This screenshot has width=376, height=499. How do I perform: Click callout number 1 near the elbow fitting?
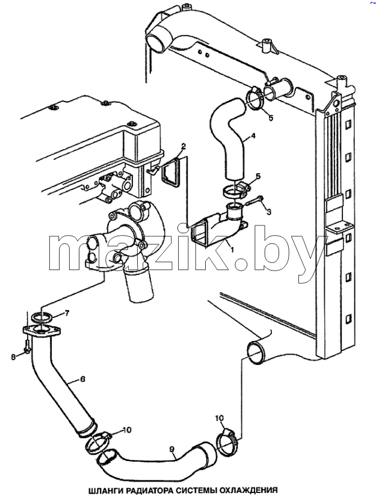click(232, 250)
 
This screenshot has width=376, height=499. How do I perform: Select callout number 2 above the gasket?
click(183, 147)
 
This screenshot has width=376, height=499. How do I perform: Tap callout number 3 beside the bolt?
click(268, 211)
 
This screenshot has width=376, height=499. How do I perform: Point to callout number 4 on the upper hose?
click(253, 136)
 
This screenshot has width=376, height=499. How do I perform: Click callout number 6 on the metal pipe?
click(82, 379)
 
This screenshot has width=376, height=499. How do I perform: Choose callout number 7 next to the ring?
click(67, 313)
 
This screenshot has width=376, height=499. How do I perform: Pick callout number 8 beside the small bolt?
click(13, 357)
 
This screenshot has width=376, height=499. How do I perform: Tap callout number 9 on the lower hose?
click(172, 449)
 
